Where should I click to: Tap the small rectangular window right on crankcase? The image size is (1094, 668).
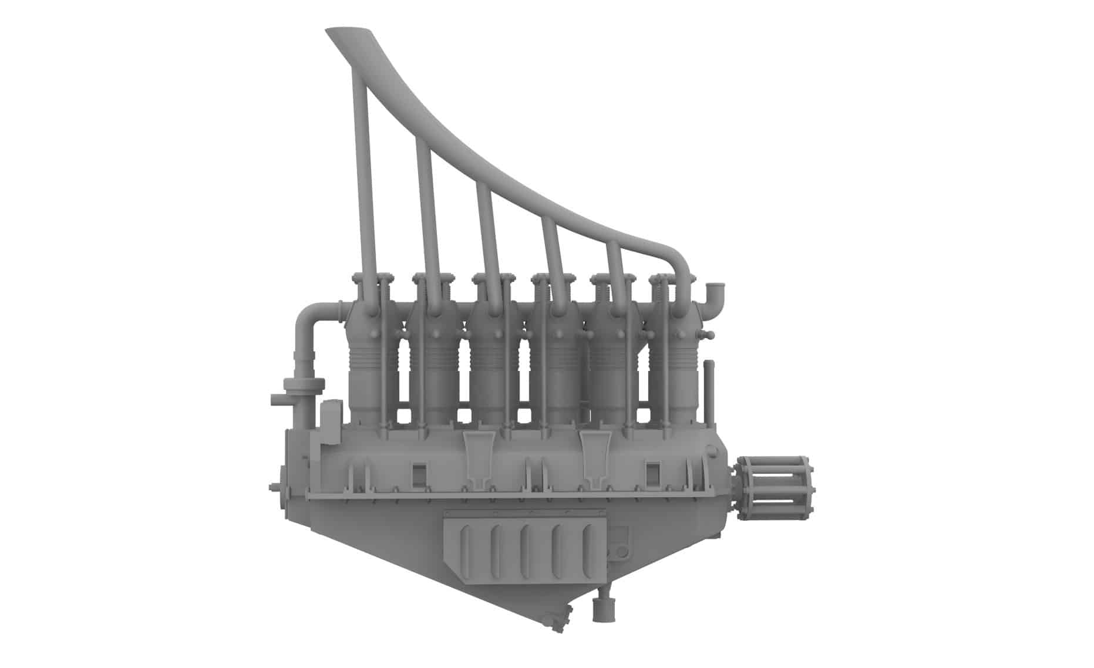coord(653,473)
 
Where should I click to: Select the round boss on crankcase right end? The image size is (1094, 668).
coord(712,452)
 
